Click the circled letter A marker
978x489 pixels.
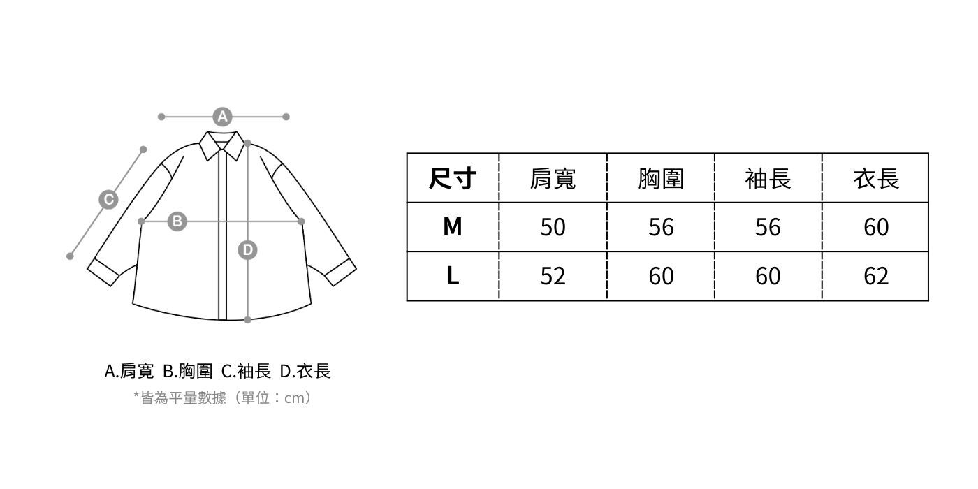pyautogui.click(x=222, y=117)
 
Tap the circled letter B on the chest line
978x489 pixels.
pyautogui.click(x=177, y=221)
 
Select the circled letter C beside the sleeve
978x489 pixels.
pyautogui.click(x=108, y=200)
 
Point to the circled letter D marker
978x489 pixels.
pyautogui.click(x=248, y=249)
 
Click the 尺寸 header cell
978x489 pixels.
pyautogui.click(x=453, y=179)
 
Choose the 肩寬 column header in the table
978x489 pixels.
pyautogui.click(x=553, y=179)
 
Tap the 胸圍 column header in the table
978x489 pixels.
pyautogui.click(x=661, y=179)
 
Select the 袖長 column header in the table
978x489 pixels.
pyautogui.click(x=768, y=179)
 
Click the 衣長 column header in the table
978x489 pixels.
pyautogui.click(x=876, y=179)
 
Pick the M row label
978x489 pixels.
pyautogui.click(x=453, y=227)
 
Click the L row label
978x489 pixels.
pyautogui.click(x=453, y=276)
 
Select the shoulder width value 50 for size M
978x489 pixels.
pyautogui.click(x=553, y=227)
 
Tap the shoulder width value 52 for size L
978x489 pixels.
pyautogui.click(x=553, y=276)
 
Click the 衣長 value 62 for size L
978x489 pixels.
pyautogui.click(x=876, y=276)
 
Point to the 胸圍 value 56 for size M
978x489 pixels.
pyautogui.click(x=661, y=227)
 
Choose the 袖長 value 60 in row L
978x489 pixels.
pyautogui.click(x=768, y=276)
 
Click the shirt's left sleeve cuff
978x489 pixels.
pyautogui.click(x=103, y=272)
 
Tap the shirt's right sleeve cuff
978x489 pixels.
pyautogui.click(x=340, y=272)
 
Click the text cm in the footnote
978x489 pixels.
pyautogui.click(x=296, y=398)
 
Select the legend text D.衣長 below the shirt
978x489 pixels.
pyautogui.click(x=305, y=371)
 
